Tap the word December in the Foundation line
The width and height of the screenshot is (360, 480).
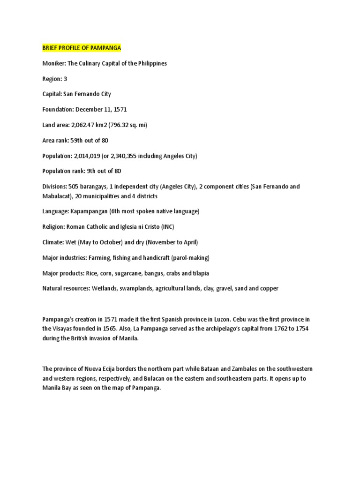point(88,109)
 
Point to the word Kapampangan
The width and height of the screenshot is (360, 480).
point(89,211)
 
